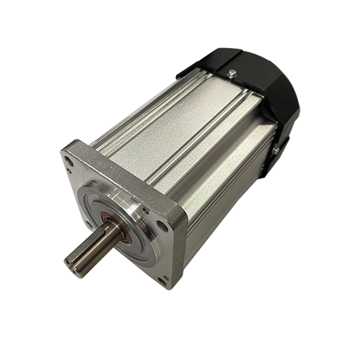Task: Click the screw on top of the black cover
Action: click(232, 72)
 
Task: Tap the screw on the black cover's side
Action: click(276, 151)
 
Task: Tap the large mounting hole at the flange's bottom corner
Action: click(162, 281)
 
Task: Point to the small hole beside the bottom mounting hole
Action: click(167, 276)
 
